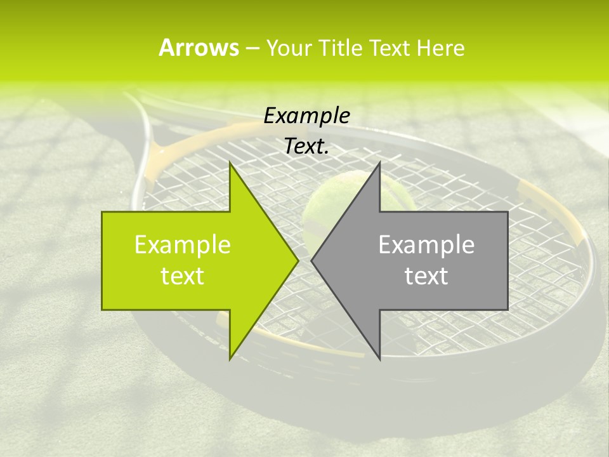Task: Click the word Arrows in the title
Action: pyautogui.click(x=199, y=48)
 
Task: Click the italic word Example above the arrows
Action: pyautogui.click(x=307, y=116)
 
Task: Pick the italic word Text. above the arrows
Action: pyautogui.click(x=307, y=147)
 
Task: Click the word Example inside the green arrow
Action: pyautogui.click(x=183, y=245)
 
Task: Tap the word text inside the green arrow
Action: pyautogui.click(x=183, y=276)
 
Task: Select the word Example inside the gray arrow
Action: pyautogui.click(x=426, y=245)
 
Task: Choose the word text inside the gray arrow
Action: pyautogui.click(x=426, y=276)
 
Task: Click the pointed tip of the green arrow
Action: pyautogui.click(x=298, y=260)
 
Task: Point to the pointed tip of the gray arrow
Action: pyautogui.click(x=312, y=260)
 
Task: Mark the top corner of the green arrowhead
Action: pyautogui.click(x=230, y=162)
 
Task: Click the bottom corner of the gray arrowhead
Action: pyautogui.click(x=379, y=359)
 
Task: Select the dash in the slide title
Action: pyautogui.click(x=252, y=48)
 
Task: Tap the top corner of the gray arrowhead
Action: pyautogui.click(x=379, y=162)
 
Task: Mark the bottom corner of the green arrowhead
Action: pyautogui.click(x=230, y=359)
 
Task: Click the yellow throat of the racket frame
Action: pyautogui.click(x=169, y=152)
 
